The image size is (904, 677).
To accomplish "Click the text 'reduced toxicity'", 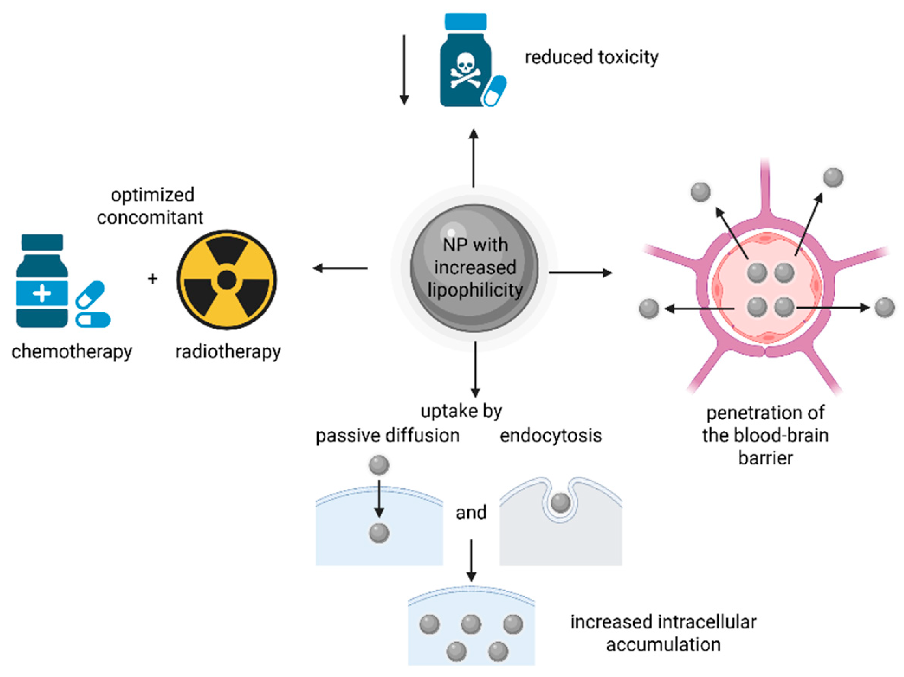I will click(591, 57).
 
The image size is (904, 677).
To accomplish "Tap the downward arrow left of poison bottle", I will click(404, 69).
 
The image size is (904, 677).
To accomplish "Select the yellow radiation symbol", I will click(227, 280).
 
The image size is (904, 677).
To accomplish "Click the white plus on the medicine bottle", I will click(42, 293).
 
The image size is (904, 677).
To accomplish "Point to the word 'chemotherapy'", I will click(72, 351).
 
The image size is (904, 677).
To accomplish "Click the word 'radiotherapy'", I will click(228, 351).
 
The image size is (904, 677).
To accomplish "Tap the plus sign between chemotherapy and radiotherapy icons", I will click(153, 279).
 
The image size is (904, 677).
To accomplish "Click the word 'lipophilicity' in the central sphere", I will click(475, 290).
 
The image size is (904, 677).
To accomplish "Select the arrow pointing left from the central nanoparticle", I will click(340, 269).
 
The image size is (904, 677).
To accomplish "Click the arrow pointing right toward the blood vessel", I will click(580, 273).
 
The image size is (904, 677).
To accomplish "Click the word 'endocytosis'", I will click(551, 436).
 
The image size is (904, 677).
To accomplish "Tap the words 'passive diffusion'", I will click(387, 436).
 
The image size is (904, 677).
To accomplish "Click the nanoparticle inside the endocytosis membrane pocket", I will click(560, 503).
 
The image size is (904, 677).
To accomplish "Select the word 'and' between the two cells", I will click(471, 512).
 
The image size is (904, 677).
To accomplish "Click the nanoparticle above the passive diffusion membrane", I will click(379, 465).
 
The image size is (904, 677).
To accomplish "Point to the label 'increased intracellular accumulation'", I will click(663, 633).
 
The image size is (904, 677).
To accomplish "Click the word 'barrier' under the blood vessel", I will click(765, 458).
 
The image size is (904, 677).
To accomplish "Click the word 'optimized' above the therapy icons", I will click(153, 195).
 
